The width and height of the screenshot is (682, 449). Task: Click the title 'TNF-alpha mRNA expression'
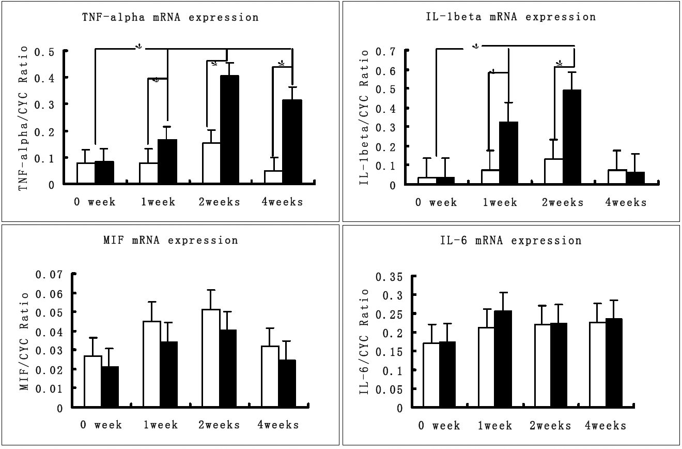pyautogui.click(x=171, y=17)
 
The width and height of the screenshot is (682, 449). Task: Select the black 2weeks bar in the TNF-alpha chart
pyautogui.click(x=229, y=129)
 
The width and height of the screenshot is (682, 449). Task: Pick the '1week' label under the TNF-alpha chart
pyautogui.click(x=158, y=202)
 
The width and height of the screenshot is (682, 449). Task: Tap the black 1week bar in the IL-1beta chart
pyautogui.click(x=508, y=153)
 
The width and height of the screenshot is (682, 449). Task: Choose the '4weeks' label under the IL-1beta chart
pyautogui.click(x=626, y=202)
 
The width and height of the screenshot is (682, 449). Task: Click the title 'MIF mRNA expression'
pyautogui.click(x=171, y=241)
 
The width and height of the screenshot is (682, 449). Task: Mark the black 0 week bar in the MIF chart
pyautogui.click(x=110, y=387)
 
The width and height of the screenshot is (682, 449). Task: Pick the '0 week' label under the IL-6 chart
pyautogui.click(x=439, y=426)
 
